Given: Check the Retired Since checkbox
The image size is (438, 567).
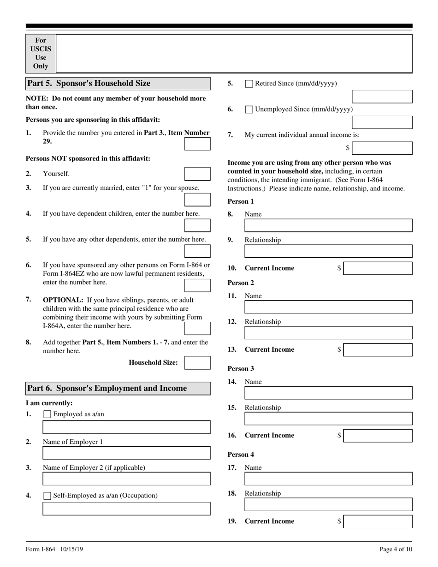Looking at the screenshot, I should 249,84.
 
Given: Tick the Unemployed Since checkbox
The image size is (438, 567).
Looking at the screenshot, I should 249,110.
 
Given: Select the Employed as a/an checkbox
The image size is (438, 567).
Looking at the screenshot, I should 47,414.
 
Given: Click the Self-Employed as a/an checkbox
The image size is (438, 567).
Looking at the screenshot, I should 47,496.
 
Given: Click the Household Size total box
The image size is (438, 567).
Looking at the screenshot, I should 197,363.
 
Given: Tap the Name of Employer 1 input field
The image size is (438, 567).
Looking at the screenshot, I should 126,453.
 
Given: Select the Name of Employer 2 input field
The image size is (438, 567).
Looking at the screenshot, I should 126,479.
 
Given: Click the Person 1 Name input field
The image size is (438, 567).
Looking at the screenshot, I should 328,225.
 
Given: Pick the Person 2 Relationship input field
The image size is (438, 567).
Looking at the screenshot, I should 328,333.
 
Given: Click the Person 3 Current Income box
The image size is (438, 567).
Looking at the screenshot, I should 378,436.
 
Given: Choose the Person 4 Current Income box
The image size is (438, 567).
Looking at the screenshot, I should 378,521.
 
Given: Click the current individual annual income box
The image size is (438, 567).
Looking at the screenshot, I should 382,148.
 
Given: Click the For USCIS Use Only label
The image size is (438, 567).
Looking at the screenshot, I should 41,53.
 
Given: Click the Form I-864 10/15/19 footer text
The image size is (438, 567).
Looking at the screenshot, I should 54,549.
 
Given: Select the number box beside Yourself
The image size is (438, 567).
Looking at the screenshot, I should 197,174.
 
